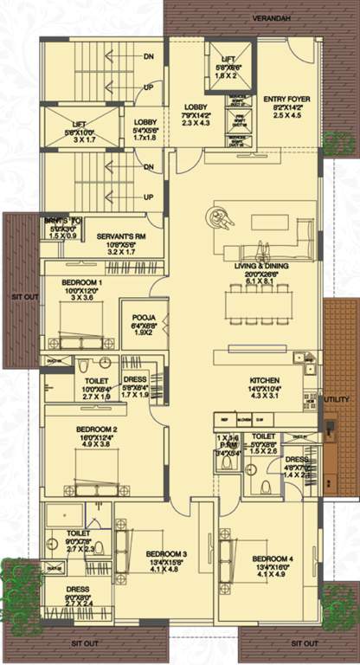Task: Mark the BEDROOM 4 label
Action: click(272, 559)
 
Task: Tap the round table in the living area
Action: click(219, 219)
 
